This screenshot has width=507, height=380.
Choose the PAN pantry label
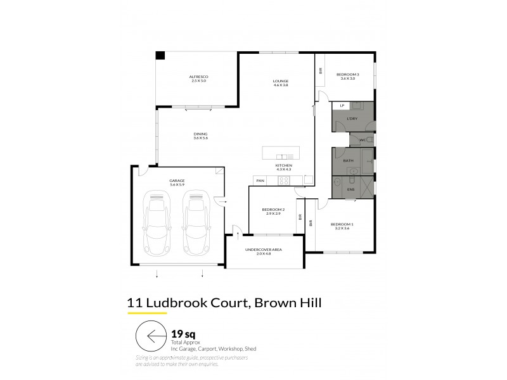click(x=260, y=181)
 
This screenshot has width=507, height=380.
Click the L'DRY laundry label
click(x=352, y=119)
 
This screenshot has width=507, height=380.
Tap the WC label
click(x=363, y=139)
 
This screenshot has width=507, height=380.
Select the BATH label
click(x=348, y=161)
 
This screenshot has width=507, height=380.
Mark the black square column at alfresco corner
click(x=160, y=55)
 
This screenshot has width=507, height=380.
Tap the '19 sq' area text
click(x=183, y=332)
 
